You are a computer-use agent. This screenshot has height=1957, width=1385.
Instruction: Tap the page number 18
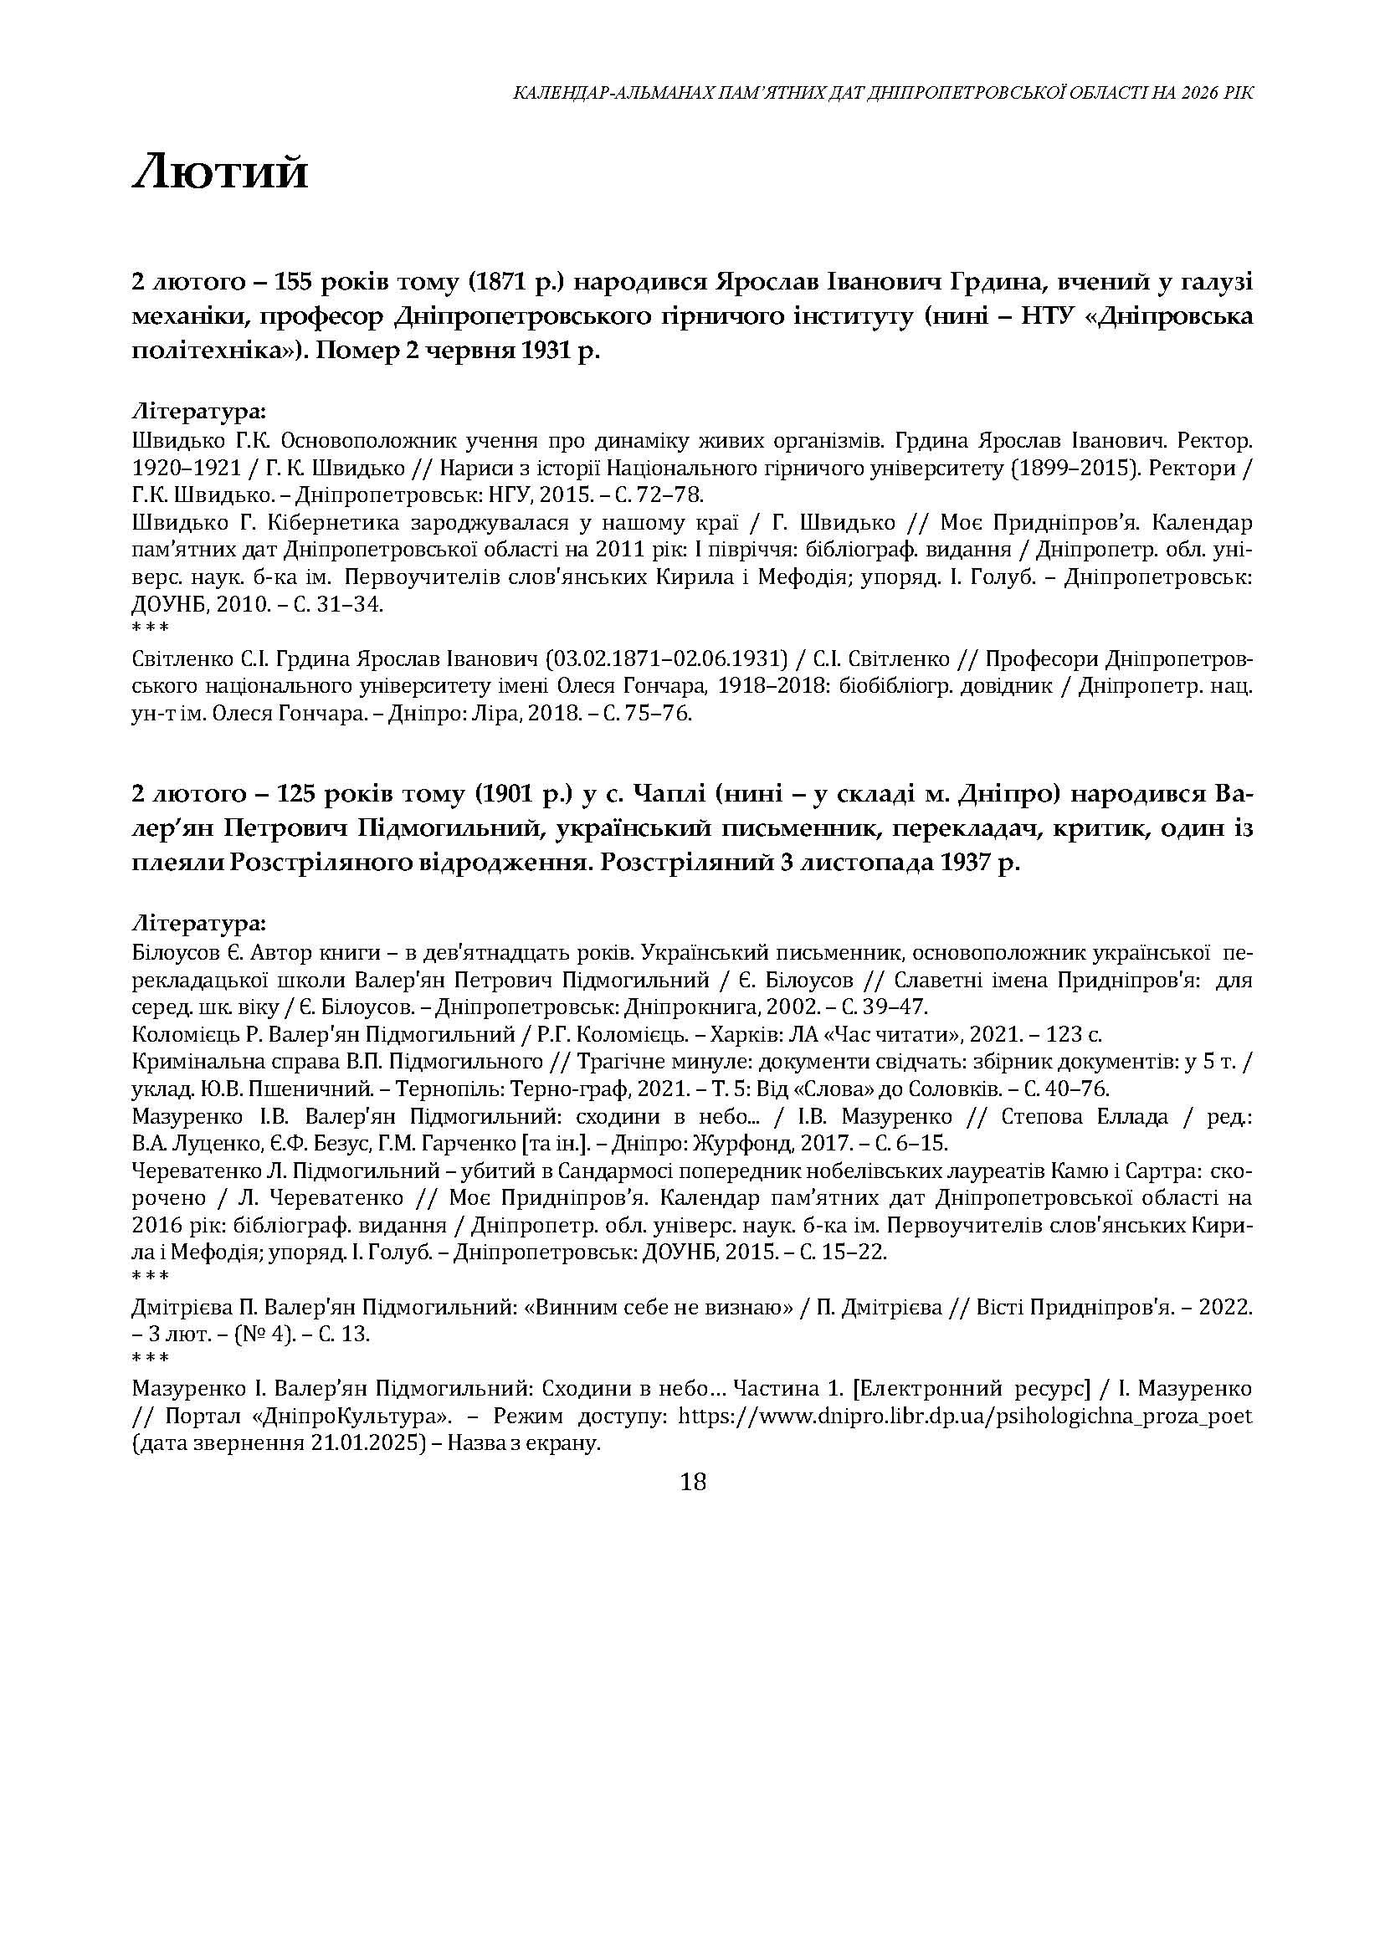(x=694, y=1482)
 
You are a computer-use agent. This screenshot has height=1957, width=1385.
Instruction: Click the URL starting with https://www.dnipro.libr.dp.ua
(x=964, y=1417)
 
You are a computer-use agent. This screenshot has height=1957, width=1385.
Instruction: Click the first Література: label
(x=198, y=412)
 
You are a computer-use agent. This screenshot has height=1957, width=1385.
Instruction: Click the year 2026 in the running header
(x=1202, y=93)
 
